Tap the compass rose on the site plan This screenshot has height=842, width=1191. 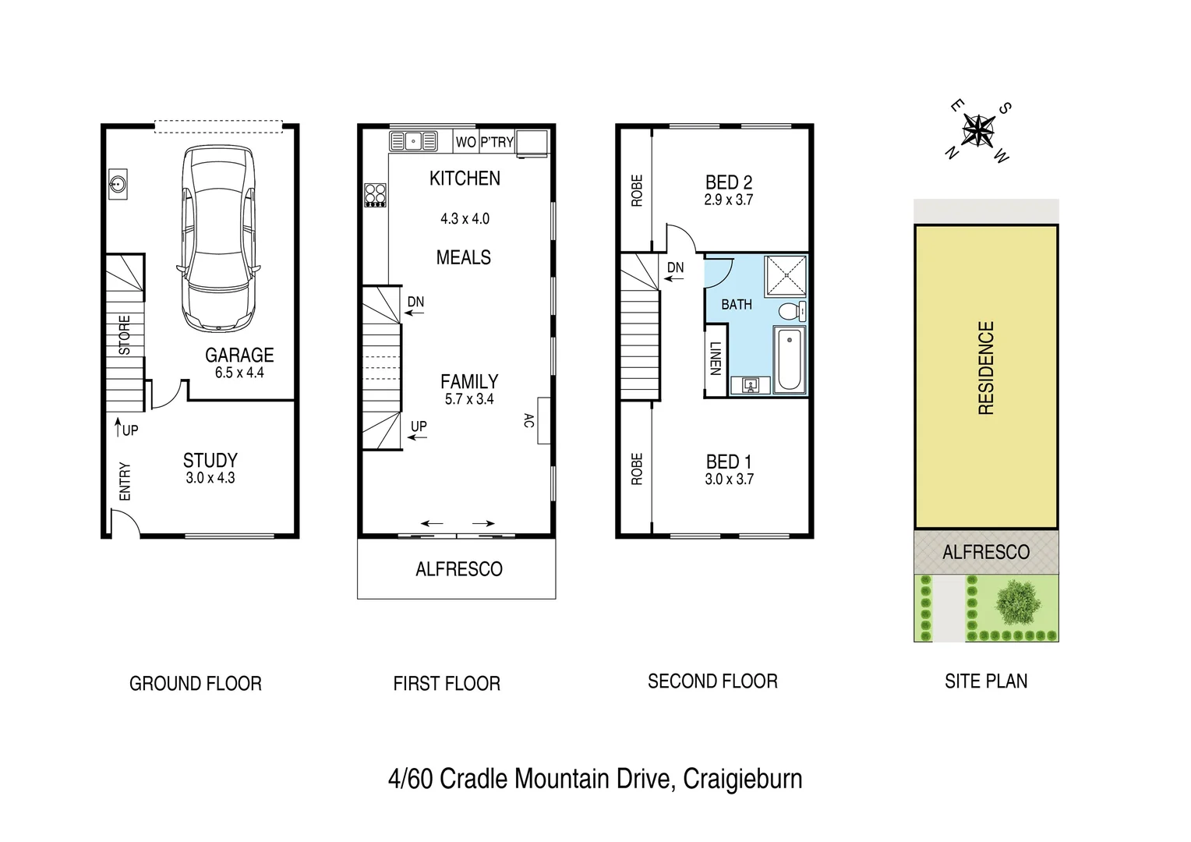tap(977, 130)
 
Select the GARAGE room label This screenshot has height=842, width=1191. tap(239, 356)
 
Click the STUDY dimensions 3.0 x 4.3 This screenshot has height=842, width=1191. tap(210, 478)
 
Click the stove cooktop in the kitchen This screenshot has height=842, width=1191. tap(375, 194)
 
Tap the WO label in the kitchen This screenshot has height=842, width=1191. tap(465, 142)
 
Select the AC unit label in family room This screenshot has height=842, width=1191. tap(528, 421)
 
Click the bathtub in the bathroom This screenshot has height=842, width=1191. tap(790, 359)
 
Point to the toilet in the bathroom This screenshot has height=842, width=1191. tap(790, 311)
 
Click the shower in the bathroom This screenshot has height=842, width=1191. tap(786, 276)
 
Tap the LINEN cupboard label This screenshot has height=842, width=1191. tap(716, 359)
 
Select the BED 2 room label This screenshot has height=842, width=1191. tap(728, 182)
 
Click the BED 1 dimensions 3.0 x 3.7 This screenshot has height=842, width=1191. tap(729, 479)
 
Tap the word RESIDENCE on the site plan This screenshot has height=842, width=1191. tap(986, 368)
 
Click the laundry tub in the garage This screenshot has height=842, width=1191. tap(118, 185)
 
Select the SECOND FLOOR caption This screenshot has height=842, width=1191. tap(712, 681)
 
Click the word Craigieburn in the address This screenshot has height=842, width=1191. tap(742, 779)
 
